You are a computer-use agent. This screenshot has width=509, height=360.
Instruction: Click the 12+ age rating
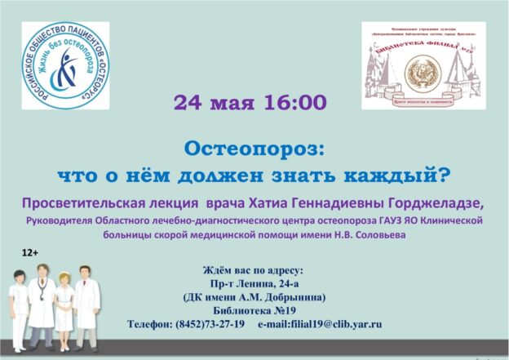31,255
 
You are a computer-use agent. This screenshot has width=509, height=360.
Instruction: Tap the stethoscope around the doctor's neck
42,288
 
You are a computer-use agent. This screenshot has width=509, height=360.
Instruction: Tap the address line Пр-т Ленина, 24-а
254,282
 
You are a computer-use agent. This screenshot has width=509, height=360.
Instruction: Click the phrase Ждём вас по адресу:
254,269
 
